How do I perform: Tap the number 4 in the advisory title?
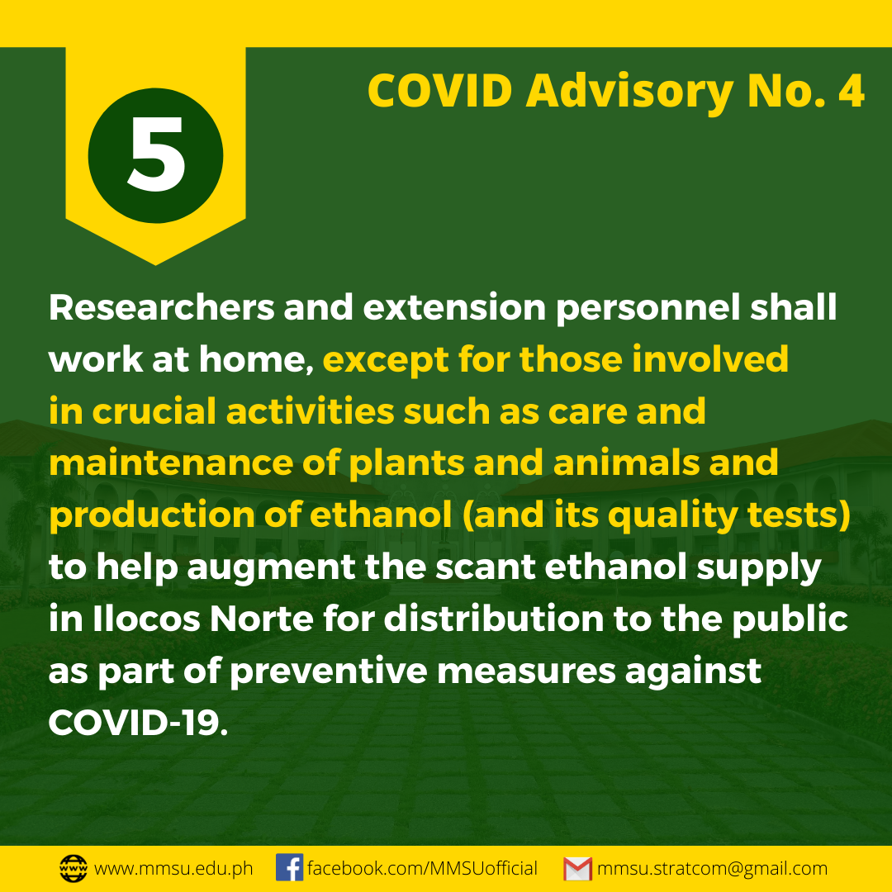[x=851, y=91]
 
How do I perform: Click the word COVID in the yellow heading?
[x=440, y=91]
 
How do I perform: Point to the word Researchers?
[x=162, y=308]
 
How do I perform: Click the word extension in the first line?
[x=454, y=308]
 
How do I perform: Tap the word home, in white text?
[x=256, y=360]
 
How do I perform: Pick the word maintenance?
[x=171, y=463]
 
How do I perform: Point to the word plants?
[x=406, y=463]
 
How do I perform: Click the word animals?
[x=626, y=463]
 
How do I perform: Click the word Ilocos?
[x=146, y=619]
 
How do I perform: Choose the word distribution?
[x=494, y=619]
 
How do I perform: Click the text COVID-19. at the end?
[x=138, y=723]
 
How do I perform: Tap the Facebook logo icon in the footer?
[x=290, y=868]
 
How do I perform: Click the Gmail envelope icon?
[x=577, y=869]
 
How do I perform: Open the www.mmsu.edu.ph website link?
[x=173, y=869]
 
